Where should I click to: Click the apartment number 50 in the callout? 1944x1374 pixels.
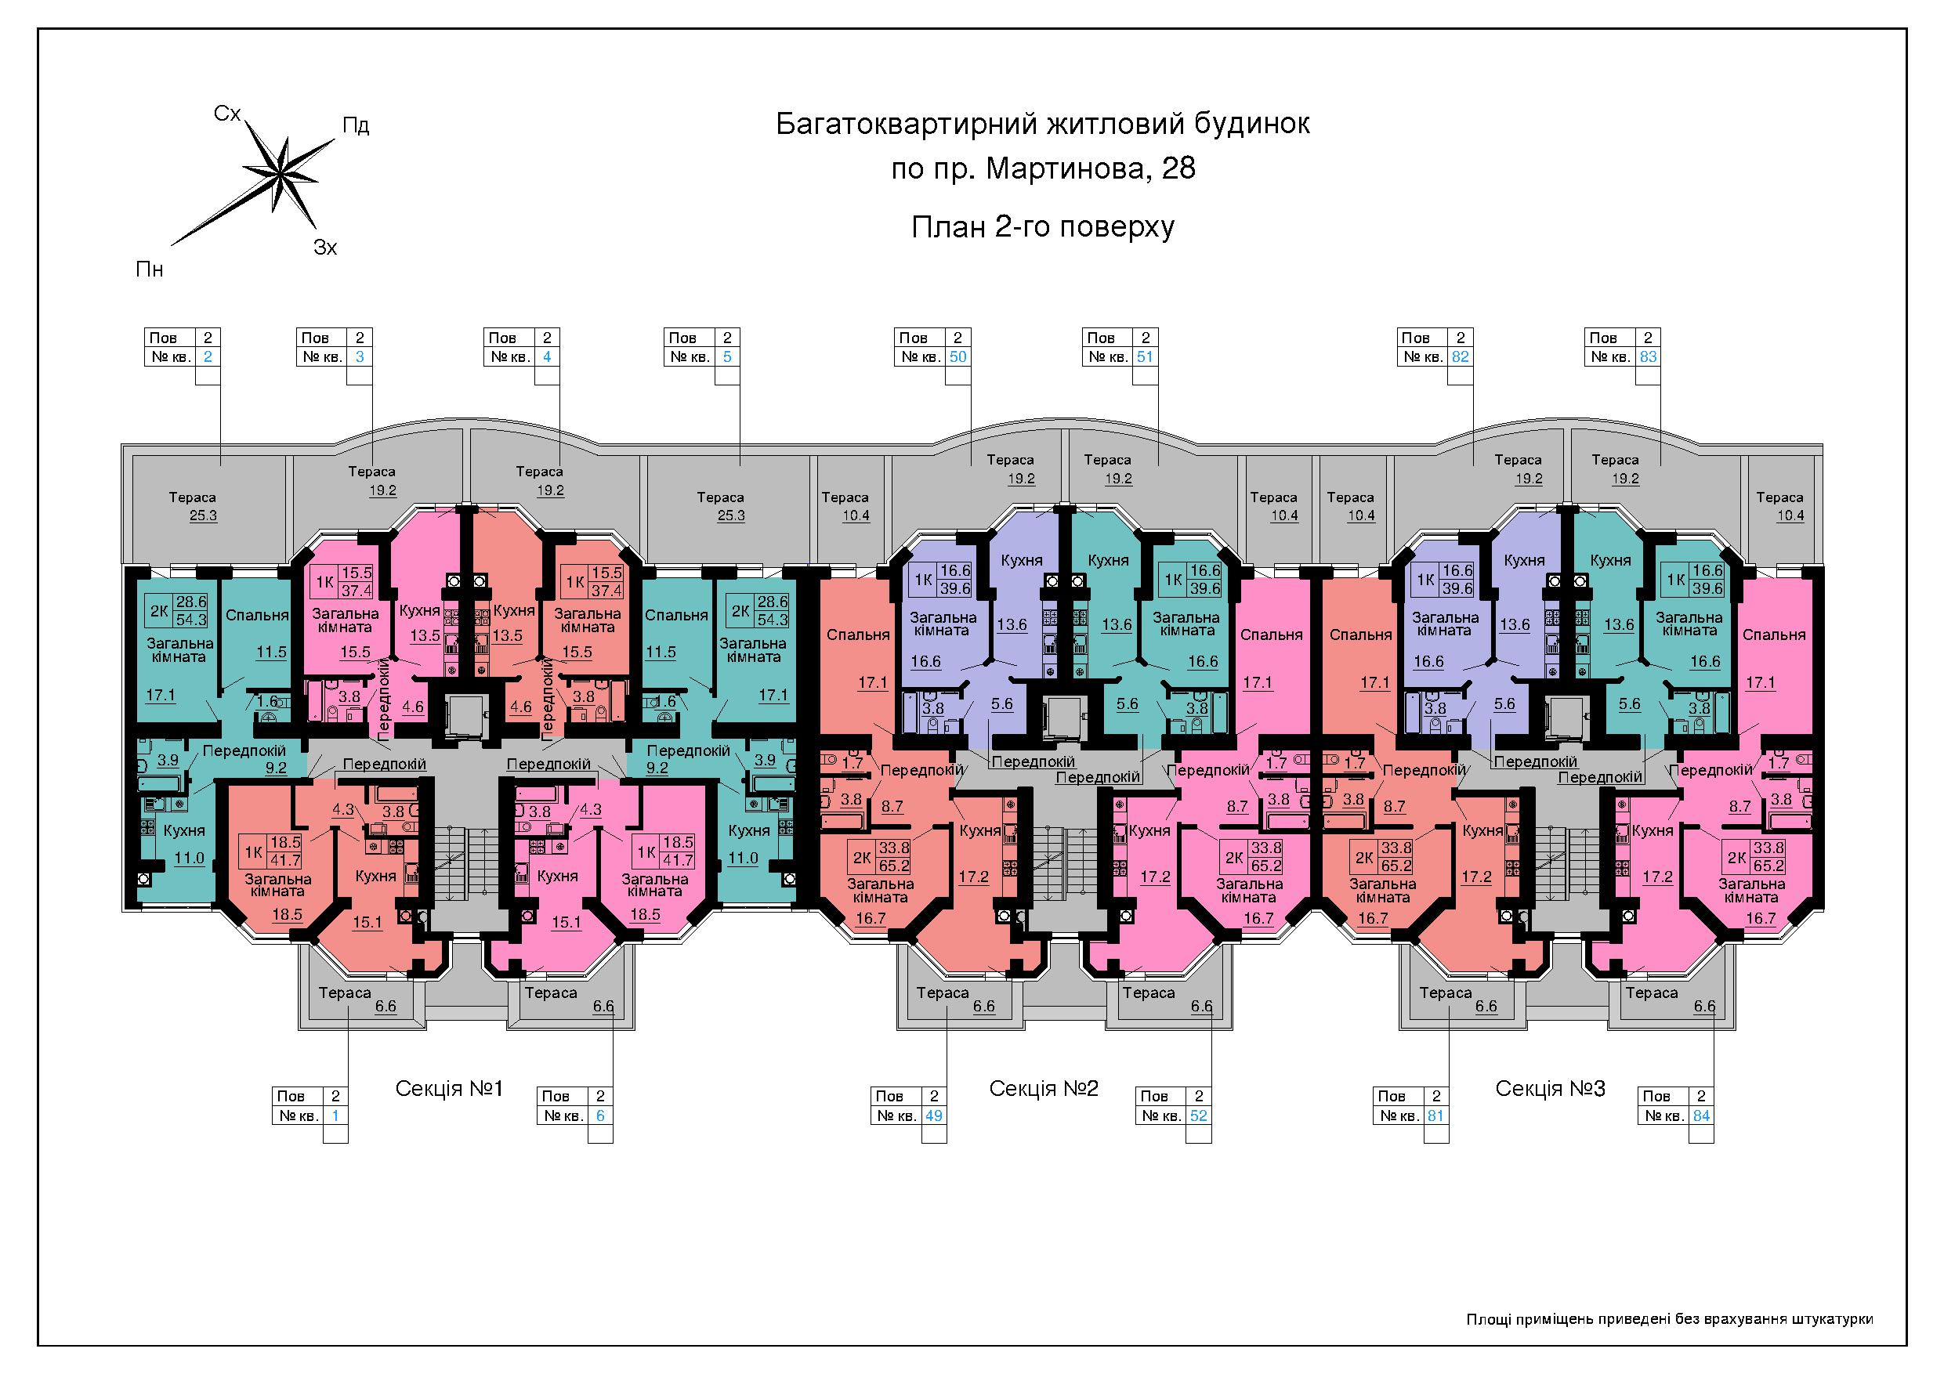coord(958,356)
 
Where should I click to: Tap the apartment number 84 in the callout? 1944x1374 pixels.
coord(1701,1115)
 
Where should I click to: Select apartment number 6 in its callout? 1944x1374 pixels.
coord(600,1115)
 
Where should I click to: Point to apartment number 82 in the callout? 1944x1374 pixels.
coord(1461,356)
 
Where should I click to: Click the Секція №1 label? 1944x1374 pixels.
coord(450,1089)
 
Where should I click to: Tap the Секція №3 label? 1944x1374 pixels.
coord(1551,1089)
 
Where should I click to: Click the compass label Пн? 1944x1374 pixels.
coord(150,270)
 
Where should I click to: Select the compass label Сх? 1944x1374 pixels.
coord(227,114)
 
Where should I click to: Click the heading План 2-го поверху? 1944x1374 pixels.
coord(1043,227)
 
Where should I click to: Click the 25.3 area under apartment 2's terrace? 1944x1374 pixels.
coord(203,515)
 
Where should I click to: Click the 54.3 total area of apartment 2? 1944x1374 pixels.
coord(191,620)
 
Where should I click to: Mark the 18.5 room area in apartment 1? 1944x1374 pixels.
coord(287,914)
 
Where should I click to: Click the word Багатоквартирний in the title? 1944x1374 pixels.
coord(907,125)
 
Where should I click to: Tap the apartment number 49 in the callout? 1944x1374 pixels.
coord(934,1115)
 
